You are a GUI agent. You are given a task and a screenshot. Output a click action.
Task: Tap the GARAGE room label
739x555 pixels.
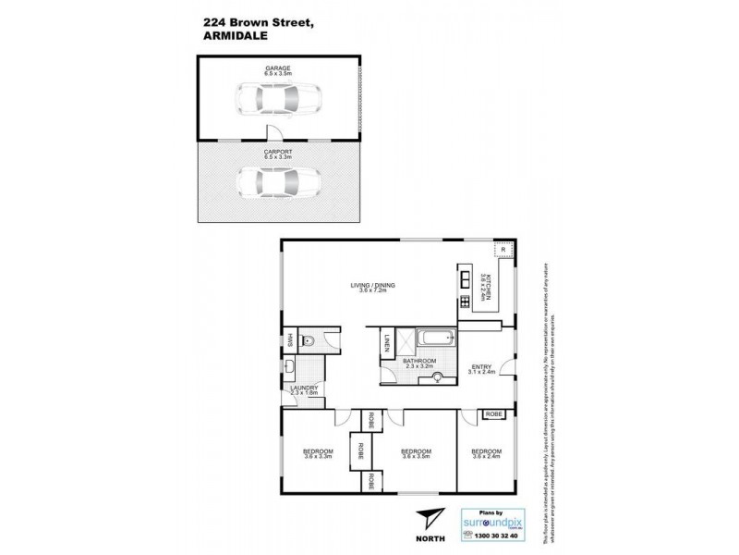(x=278, y=68)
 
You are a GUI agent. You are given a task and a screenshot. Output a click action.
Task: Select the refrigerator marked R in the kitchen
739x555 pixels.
(x=500, y=250)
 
